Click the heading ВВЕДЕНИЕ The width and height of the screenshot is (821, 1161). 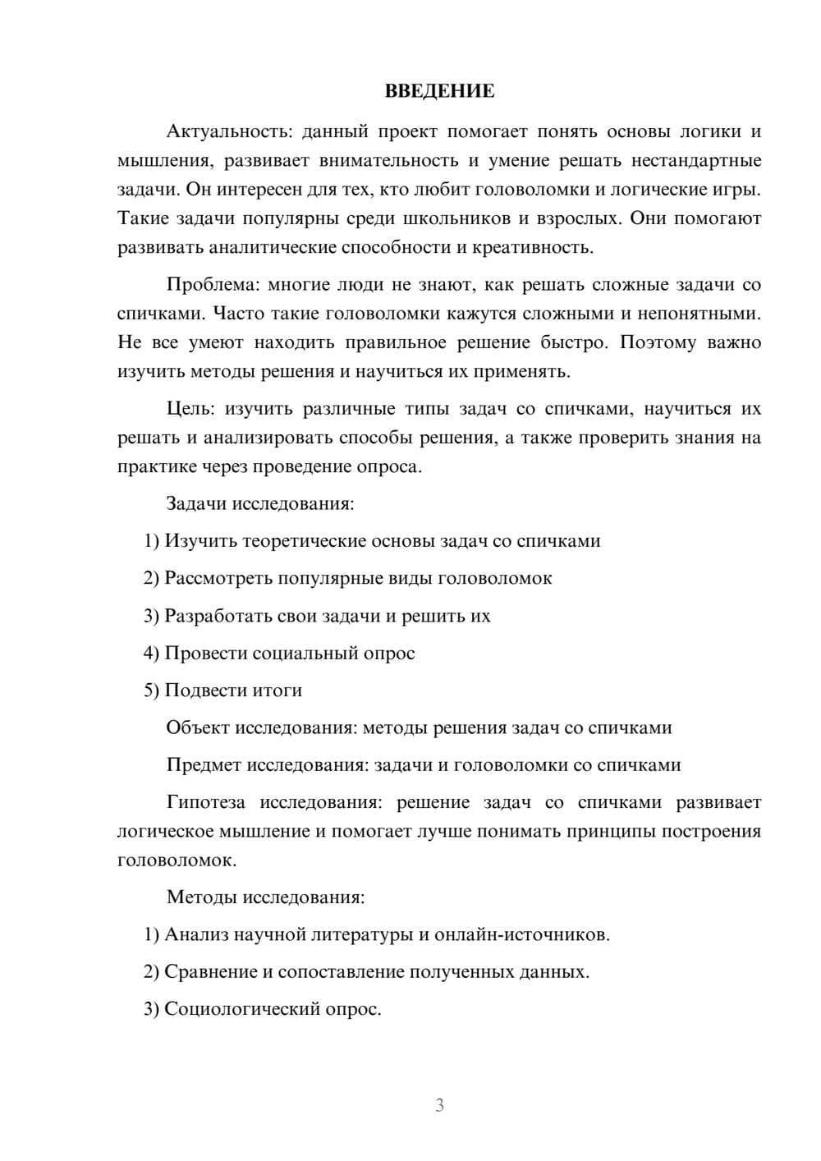(439, 91)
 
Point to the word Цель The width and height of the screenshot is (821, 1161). (189, 409)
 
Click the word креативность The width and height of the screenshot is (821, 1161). (540, 247)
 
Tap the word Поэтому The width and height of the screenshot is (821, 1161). (655, 342)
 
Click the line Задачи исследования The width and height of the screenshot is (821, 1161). (260, 503)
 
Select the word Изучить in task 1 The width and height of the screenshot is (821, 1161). (201, 541)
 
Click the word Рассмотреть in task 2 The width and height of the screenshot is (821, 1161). (218, 578)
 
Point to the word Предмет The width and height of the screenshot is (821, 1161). (204, 765)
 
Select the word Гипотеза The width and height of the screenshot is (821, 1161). (206, 802)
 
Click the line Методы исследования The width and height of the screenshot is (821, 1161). (265, 897)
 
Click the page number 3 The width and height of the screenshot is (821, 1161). (439, 1105)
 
